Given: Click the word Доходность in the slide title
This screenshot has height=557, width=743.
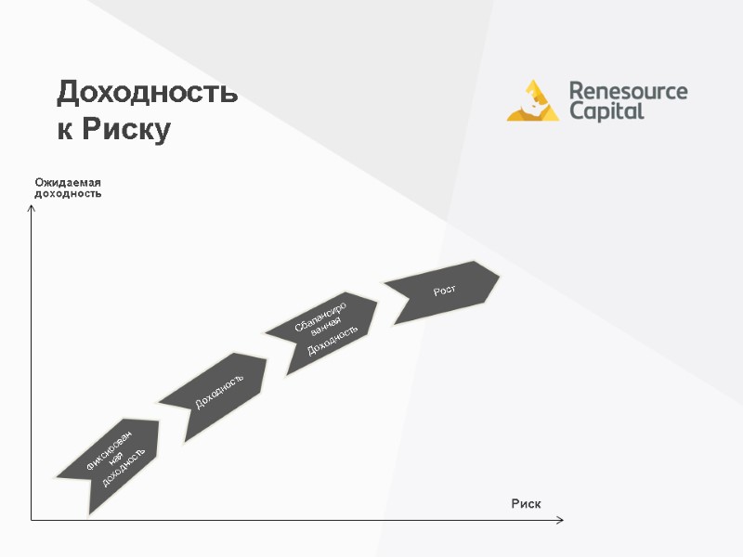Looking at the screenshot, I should click(148, 94).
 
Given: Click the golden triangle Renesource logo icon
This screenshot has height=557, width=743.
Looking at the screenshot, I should click(532, 101).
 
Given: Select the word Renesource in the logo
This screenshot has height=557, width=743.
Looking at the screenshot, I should click(628, 91).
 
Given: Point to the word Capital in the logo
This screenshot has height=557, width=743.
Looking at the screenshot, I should click(606, 112).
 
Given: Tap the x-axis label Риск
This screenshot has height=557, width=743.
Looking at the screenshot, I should click(526, 503).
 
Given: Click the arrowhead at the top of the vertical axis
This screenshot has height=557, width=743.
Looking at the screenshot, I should click(32, 208).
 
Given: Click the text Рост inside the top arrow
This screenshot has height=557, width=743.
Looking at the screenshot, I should click(444, 291).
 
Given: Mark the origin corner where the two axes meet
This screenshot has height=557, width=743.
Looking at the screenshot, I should click(32, 520).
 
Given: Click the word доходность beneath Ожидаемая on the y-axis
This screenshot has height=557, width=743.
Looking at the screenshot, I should click(68, 193).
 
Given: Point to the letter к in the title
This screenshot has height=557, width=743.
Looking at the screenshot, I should click(65, 129).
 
